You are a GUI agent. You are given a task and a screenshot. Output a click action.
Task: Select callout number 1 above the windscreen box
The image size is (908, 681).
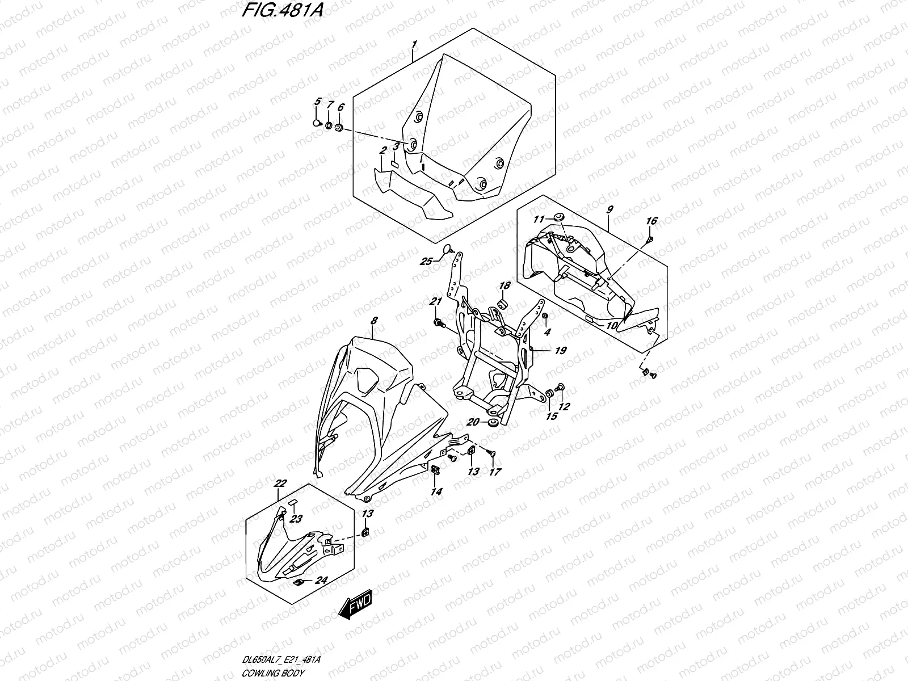[x=414, y=44]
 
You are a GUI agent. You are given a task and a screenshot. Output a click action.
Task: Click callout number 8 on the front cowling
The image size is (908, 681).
[x=373, y=321]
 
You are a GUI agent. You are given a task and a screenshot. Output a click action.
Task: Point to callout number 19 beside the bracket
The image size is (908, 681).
[x=560, y=351]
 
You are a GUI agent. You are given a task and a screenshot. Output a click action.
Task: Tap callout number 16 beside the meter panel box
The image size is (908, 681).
[x=651, y=221]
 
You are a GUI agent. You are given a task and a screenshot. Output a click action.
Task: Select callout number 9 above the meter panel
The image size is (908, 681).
[x=609, y=209]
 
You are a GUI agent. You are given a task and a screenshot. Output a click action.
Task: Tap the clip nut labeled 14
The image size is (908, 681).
[x=434, y=469]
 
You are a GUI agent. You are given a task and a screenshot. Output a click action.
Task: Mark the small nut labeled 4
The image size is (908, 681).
[x=545, y=316]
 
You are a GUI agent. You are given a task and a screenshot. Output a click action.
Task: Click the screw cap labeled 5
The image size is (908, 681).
[x=316, y=122]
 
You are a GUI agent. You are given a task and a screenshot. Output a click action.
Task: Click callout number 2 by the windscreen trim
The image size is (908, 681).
[x=383, y=150]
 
